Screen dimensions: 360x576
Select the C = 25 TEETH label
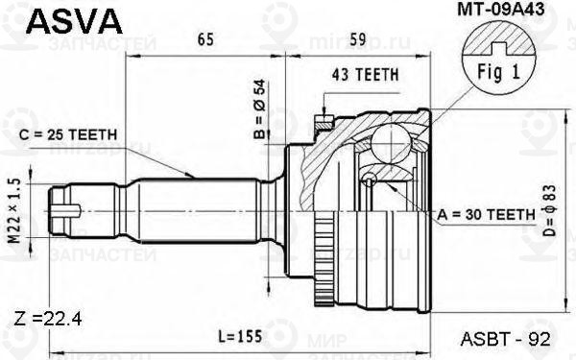[x=69, y=133]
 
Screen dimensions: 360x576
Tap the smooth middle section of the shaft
[x=192, y=204]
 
